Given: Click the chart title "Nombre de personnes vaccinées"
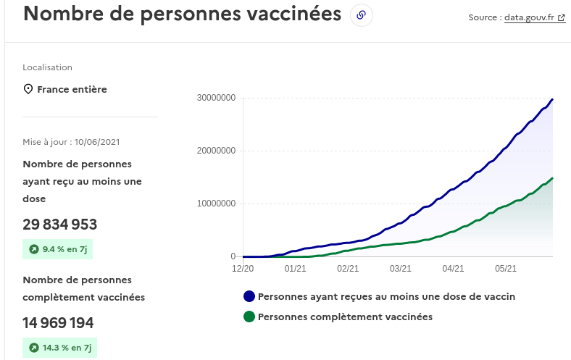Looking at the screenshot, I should point(182,14).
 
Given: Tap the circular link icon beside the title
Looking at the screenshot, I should point(361,15).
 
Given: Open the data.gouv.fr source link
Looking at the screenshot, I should point(535,18).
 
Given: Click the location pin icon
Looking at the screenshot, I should point(28,89).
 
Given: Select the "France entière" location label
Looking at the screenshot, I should point(72,89).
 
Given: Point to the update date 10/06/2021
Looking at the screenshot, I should point(96,141).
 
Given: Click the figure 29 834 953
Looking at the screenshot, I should point(59,224).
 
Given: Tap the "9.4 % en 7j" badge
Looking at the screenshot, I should point(59,249).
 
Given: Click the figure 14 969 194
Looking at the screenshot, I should point(58,322).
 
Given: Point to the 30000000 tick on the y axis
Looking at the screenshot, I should point(216,98).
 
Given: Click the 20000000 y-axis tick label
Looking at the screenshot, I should point(216,151).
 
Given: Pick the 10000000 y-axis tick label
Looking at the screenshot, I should point(216,204).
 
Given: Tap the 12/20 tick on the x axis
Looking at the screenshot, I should point(243,268).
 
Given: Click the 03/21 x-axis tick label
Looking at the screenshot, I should point(401,268).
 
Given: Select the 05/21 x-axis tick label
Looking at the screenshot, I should point(506,268).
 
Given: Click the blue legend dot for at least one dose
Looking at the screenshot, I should point(249,296).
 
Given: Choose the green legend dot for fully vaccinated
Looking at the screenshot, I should point(249,317).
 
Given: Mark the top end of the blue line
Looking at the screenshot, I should point(553,99).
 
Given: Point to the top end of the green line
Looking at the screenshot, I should point(553,177).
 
